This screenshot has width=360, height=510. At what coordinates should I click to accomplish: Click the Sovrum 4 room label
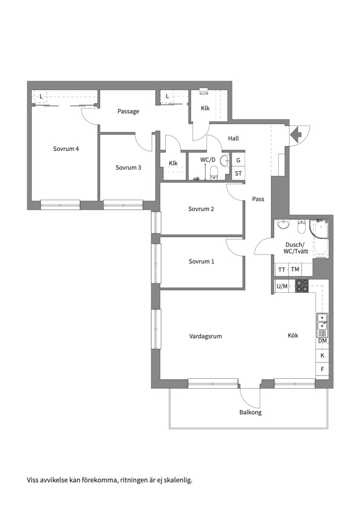pos(66,149)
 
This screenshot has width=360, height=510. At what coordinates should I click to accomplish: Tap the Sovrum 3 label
pos(128,168)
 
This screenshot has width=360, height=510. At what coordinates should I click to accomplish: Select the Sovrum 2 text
pos(201,209)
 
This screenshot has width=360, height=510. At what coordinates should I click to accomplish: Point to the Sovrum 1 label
pos(201,261)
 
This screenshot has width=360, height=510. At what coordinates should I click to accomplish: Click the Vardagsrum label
pos(205,336)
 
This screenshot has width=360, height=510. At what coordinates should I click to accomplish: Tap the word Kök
pos(293,335)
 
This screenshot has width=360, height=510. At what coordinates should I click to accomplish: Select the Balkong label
pos(251,412)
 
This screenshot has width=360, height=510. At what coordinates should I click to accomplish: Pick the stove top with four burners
pos(301,286)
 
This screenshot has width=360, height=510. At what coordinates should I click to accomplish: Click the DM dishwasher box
pos(322,341)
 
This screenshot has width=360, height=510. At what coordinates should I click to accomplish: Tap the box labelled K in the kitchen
pos(322,356)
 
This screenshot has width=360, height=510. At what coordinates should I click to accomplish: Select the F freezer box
pos(322,369)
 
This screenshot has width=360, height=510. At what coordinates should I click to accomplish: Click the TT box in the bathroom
pos(282,270)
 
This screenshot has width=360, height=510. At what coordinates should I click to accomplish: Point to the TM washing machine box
pos(295,269)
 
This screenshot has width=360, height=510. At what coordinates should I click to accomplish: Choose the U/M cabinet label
pos(282,286)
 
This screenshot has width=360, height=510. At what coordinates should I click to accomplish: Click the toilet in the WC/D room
pos(214,173)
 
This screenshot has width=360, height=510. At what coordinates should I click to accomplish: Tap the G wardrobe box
pos(238,160)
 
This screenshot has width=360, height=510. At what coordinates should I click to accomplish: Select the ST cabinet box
pos(238,173)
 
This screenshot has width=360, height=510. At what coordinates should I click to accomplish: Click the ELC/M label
pos(204,93)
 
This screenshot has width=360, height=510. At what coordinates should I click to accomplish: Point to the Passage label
pos(128,111)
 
